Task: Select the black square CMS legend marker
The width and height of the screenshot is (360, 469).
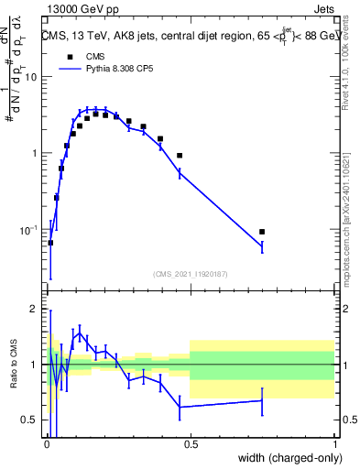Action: click(x=70, y=57)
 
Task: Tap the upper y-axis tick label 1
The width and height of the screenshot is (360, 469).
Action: click(x=34, y=153)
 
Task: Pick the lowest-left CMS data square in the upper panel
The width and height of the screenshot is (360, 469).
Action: click(x=50, y=243)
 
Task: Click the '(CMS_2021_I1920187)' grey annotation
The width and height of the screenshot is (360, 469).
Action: click(x=190, y=272)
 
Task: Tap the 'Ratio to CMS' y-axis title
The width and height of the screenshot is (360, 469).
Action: click(x=13, y=376)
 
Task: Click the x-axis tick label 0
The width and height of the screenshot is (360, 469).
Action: click(x=46, y=442)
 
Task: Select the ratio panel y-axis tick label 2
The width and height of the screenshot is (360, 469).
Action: click(x=34, y=310)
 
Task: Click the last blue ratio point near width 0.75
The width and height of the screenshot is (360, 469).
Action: click(x=262, y=400)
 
